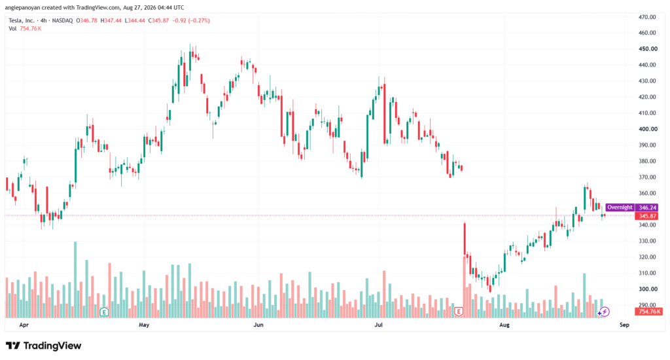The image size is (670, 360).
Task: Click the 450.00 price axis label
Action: (x=648, y=48)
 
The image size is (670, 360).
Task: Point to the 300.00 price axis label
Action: (x=648, y=289)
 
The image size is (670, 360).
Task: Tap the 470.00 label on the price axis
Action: (x=648, y=17)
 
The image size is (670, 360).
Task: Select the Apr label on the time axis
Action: (x=24, y=325)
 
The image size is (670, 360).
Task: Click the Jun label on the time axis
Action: (x=258, y=325)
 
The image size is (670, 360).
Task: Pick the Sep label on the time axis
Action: (x=624, y=325)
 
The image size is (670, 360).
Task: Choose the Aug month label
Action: (x=504, y=325)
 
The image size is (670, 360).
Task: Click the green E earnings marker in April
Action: (x=104, y=312)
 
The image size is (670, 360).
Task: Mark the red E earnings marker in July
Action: (x=459, y=312)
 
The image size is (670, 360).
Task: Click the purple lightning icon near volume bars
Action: (x=605, y=312)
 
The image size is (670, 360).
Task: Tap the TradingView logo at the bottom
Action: (x=44, y=346)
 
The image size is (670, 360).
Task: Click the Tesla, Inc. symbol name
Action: (x=22, y=20)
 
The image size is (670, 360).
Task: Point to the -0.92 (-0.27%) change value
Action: (x=190, y=20)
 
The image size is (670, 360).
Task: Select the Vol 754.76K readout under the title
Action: (x=25, y=29)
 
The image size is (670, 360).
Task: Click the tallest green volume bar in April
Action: (x=75, y=279)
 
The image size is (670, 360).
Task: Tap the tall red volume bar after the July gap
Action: (x=465, y=287)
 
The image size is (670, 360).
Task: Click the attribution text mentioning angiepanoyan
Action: (x=94, y=8)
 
